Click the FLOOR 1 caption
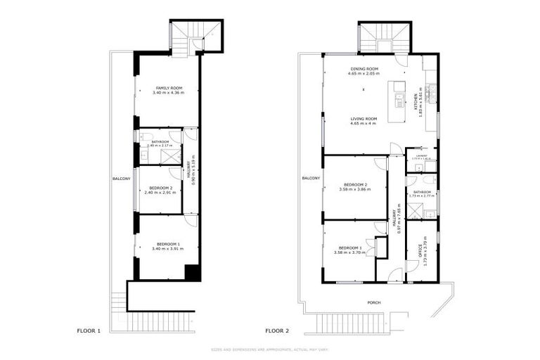coord(89,330)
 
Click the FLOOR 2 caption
coord(276,330)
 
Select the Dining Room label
coord(364,69)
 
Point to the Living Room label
coord(364,119)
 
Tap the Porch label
coord(374,303)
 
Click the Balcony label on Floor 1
coord(121,179)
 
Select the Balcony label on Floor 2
coord(311,179)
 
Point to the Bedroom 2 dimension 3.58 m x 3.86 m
coord(353,189)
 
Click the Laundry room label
coord(422,157)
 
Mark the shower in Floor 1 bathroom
coord(169,156)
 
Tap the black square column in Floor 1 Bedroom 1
coord(191,273)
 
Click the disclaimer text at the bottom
coord(270,349)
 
